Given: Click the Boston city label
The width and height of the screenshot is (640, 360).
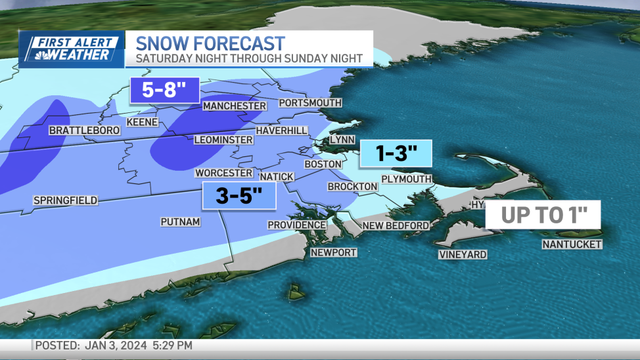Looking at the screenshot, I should [x=323, y=164].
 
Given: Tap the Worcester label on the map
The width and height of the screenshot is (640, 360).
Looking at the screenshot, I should [x=223, y=173].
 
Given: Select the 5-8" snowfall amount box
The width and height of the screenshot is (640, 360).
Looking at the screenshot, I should [x=164, y=90].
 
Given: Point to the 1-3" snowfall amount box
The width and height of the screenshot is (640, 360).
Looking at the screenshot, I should [x=396, y=154].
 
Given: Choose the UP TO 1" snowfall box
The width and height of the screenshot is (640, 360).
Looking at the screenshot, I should [x=543, y=215].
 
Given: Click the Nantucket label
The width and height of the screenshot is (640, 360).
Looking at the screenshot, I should [x=572, y=244].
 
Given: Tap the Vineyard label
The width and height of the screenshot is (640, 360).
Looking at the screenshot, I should [x=463, y=254].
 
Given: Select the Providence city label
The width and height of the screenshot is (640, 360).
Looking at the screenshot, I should [x=296, y=225].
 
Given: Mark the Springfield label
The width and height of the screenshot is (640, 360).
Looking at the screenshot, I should [x=65, y=200].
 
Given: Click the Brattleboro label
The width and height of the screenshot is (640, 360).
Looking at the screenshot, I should [x=84, y=131].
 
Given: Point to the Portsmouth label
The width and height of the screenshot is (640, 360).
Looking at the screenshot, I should [x=310, y=103].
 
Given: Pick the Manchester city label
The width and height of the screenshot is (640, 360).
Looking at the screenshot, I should [x=235, y=106].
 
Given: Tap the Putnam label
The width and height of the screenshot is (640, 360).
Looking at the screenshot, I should [x=180, y=222].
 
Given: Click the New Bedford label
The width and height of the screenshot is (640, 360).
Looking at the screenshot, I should [x=396, y=225].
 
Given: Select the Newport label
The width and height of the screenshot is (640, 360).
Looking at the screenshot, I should [x=333, y=252].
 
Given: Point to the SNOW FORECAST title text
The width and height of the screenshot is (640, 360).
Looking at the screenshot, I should [x=210, y=43].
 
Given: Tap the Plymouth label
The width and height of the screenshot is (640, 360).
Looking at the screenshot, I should [x=406, y=179].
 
